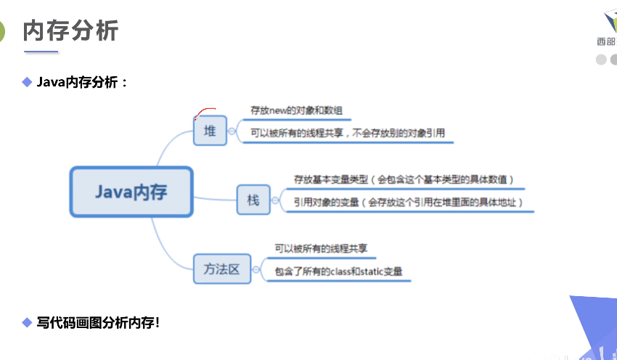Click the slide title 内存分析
point(70,31)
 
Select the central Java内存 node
point(131,192)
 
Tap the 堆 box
point(210,131)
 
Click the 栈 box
point(253,200)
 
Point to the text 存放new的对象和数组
point(296,111)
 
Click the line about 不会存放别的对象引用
point(347,133)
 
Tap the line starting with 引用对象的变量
point(408,202)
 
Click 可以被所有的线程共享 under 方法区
point(321,248)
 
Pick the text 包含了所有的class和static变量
point(338,271)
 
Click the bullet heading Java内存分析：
point(82,82)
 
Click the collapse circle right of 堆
point(232,132)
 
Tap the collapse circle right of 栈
point(275,200)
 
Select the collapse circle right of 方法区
point(256,269)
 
